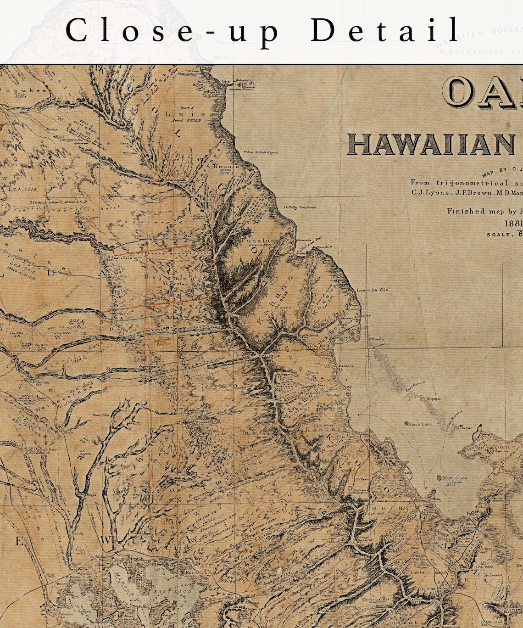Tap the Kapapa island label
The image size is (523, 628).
point(433,398)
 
